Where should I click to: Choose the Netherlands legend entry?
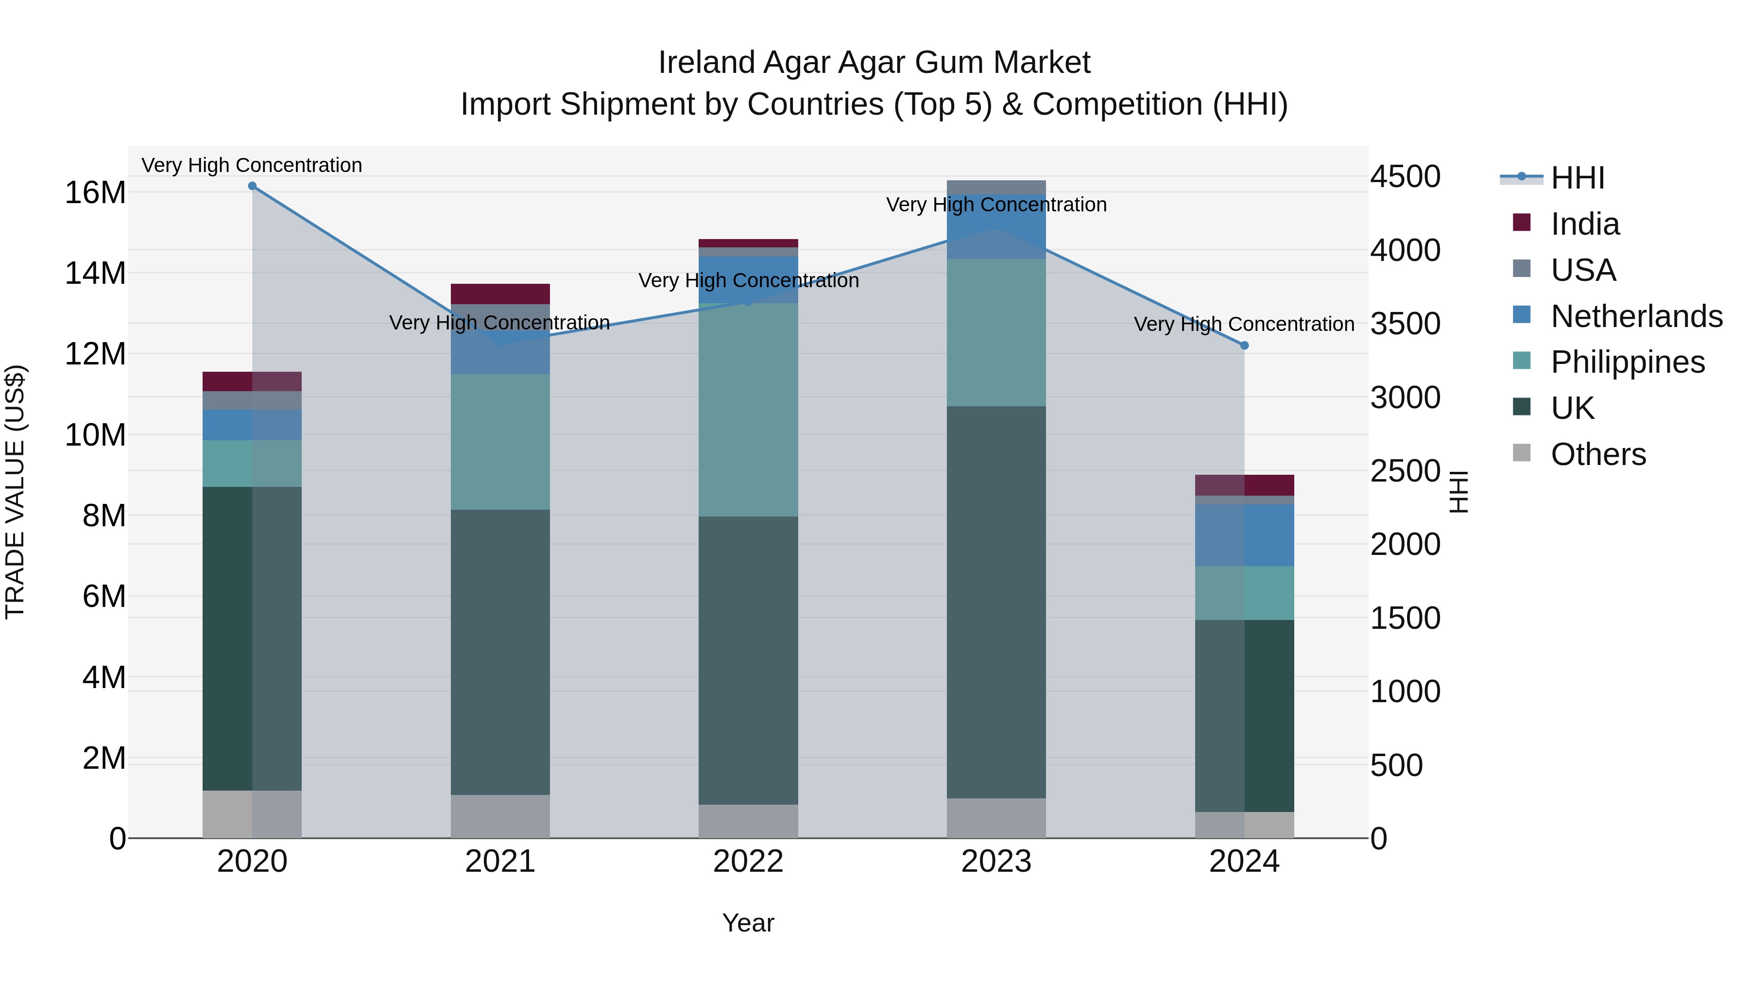coord(1636,316)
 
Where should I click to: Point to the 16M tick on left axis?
coord(95,193)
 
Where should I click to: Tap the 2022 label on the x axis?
coord(748,862)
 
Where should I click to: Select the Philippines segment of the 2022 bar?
coord(748,410)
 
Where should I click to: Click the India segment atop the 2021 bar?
coord(500,294)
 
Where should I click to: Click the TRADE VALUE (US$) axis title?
coord(15,492)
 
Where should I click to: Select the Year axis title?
coord(748,923)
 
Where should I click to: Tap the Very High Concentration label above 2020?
coord(252,165)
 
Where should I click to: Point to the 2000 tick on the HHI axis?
coord(1404,545)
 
